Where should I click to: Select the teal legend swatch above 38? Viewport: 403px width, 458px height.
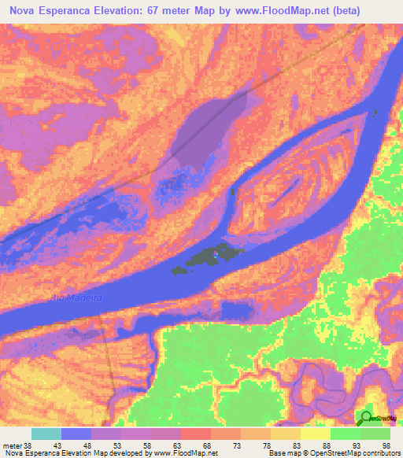[46, 434]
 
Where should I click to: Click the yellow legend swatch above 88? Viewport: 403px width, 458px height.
[315, 434]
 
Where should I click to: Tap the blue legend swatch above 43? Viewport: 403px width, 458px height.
[76, 434]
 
